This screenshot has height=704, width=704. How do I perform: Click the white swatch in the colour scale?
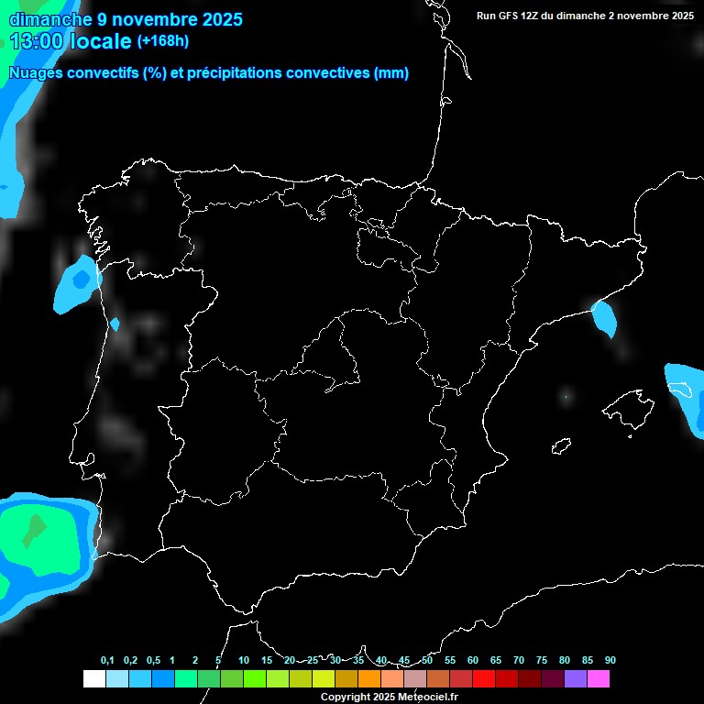tap(93, 678)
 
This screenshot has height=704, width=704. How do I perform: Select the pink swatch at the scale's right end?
tap(599, 678)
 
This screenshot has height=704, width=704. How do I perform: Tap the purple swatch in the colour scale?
tap(575, 678)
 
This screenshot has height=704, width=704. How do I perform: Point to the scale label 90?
tap(610, 660)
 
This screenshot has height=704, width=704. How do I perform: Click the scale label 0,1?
tap(107, 660)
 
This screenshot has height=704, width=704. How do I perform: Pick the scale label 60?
tap(473, 660)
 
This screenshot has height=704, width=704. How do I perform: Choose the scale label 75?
tap(542, 660)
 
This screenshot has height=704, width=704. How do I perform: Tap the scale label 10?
tap(244, 660)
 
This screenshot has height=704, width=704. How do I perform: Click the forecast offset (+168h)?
tap(163, 41)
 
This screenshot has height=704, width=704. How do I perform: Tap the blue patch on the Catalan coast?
tap(604, 317)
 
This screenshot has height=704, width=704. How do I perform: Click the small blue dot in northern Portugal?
tap(115, 324)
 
